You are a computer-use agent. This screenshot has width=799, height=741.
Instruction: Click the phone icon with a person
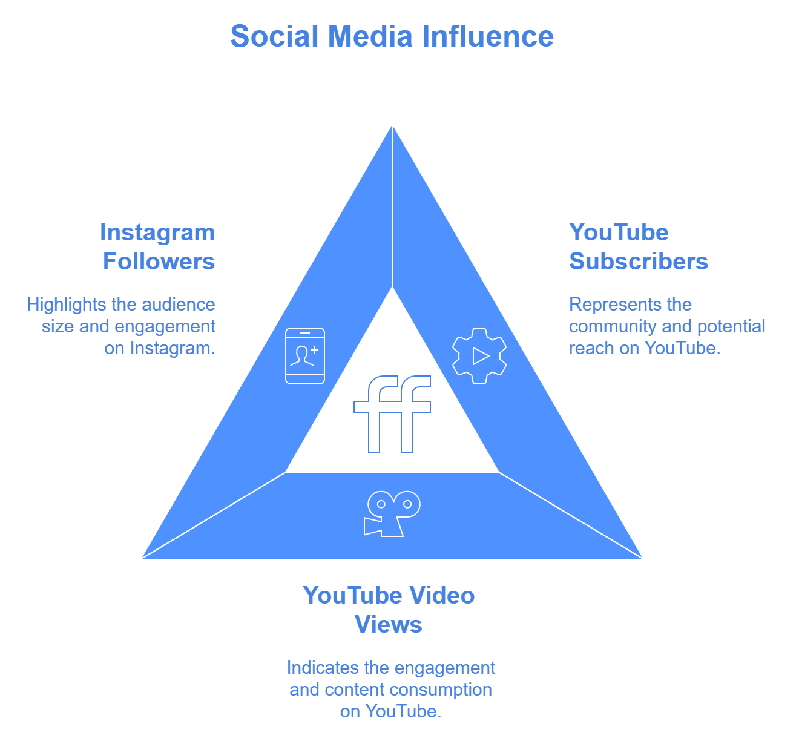point(305,356)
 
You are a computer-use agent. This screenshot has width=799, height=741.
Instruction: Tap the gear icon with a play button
point(479,355)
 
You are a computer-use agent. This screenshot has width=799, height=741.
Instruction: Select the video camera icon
point(392,513)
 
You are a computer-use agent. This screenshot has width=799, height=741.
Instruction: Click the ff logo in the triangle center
point(392,414)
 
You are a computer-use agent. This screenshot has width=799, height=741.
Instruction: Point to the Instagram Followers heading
point(158,246)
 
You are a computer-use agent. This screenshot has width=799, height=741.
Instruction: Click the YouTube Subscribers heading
point(638,246)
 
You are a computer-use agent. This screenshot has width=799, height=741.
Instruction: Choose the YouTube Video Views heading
point(389,610)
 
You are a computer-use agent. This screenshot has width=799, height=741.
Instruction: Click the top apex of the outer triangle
point(392,123)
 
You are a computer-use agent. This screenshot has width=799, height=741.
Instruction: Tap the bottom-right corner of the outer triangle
point(644,559)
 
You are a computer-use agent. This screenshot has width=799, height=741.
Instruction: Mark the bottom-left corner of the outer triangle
point(141,559)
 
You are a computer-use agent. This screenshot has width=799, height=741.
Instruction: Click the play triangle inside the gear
point(481,355)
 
